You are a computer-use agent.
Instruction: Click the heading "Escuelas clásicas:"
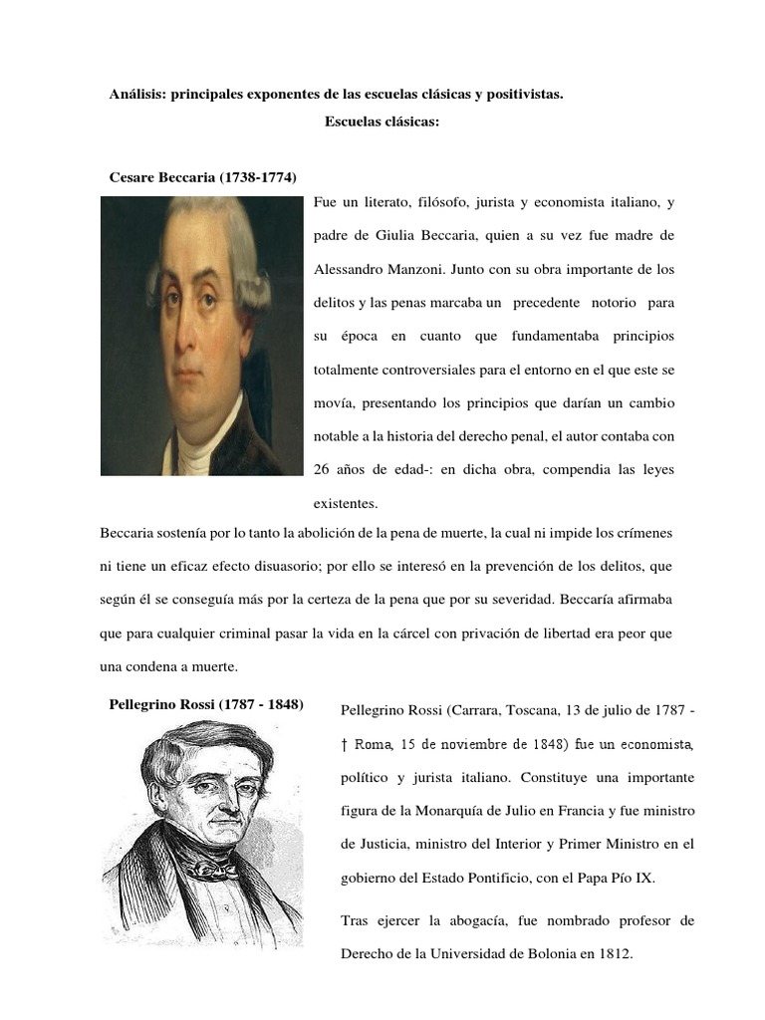pyautogui.click(x=382, y=123)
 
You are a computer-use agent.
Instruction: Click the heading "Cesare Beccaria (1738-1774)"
pyautogui.click(x=202, y=177)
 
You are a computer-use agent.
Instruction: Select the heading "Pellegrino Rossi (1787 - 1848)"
pyautogui.click(x=206, y=705)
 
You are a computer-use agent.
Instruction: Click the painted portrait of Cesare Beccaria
pyautogui.click(x=201, y=335)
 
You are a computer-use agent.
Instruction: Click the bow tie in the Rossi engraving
pyautogui.click(x=212, y=869)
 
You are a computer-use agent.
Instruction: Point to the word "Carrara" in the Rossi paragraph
pyautogui.click(x=476, y=710)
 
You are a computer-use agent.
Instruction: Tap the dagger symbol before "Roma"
pyautogui.click(x=345, y=743)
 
